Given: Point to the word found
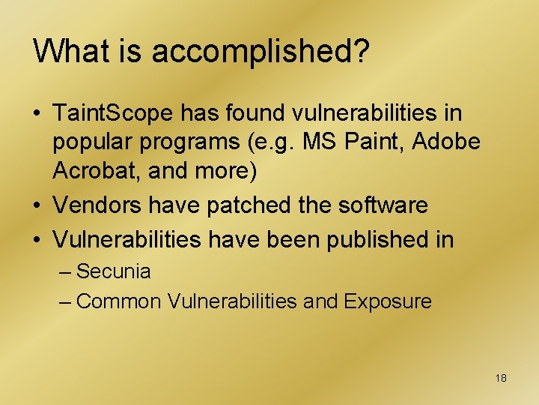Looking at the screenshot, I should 263,114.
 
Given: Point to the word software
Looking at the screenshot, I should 386,204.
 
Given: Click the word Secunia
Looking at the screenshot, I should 114,271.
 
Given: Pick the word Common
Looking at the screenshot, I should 119,301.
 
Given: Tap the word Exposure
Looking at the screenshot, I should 388,302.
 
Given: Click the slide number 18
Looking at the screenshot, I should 501,378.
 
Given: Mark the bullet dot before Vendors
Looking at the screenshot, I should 37,205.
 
